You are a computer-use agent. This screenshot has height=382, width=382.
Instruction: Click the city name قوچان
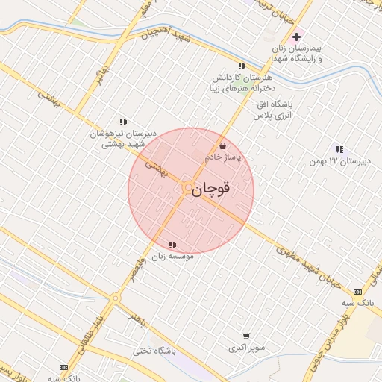(211, 190)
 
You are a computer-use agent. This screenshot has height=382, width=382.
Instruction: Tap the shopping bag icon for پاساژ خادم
(222, 145)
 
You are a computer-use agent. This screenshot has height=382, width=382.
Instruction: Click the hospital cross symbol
(296, 36)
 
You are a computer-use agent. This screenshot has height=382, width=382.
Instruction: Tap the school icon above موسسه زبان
(172, 245)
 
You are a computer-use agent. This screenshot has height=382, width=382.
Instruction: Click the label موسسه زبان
(172, 257)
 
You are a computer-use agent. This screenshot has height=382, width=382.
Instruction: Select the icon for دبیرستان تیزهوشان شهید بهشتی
(123, 122)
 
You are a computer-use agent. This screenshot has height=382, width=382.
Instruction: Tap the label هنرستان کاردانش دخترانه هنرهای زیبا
(240, 82)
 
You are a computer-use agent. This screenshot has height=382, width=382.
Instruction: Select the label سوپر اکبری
(245, 348)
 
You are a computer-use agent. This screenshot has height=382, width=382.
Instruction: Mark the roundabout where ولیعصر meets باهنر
(115, 298)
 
